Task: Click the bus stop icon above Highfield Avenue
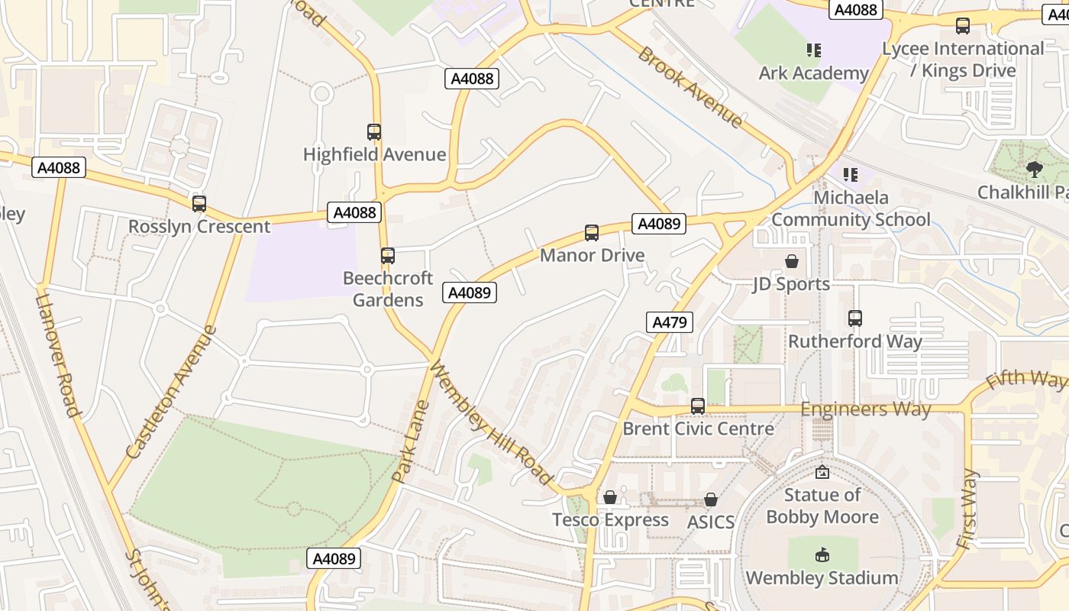[374, 132]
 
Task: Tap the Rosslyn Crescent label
[199, 227]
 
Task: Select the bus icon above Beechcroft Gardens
[388, 256]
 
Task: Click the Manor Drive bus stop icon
[592, 233]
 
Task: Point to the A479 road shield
[670, 322]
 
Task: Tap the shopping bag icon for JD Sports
[792, 261]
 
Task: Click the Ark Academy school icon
[814, 50]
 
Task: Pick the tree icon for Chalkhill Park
[1035, 169]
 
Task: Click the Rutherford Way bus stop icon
[855, 318]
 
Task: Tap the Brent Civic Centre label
[698, 428]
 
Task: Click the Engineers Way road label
[865, 409]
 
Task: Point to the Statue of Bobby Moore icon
[822, 473]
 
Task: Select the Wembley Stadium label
[822, 578]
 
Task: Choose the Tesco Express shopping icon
[610, 498]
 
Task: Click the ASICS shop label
[710, 522]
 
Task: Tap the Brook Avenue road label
[690, 87]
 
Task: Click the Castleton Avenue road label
[172, 393]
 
